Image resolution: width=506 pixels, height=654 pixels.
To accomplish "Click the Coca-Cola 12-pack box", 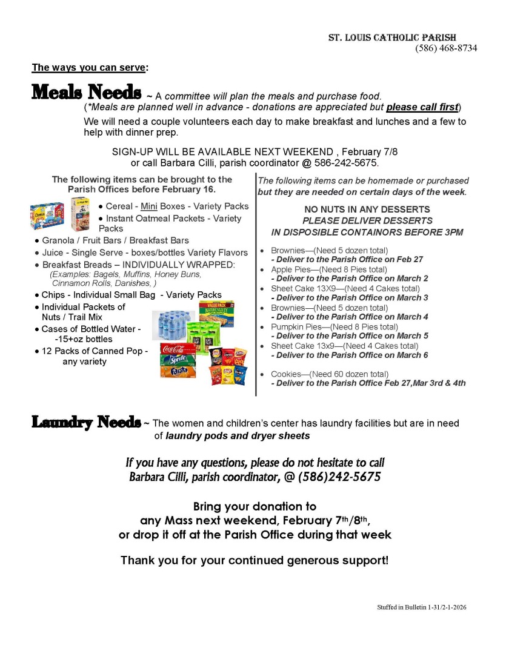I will (178, 349).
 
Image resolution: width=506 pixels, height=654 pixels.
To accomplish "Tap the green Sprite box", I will (178, 360).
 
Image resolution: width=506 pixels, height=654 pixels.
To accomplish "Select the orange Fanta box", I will (178, 371).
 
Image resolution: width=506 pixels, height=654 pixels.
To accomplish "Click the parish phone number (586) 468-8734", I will (446, 48).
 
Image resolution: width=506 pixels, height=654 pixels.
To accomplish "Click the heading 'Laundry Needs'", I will (86, 422).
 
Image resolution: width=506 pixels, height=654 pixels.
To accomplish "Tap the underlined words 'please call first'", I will (422, 107).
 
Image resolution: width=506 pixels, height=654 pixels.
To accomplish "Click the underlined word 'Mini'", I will (149, 206).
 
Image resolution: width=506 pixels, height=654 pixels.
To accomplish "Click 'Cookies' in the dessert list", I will (287, 374).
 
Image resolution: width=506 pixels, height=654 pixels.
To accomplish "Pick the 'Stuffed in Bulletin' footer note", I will (421, 607).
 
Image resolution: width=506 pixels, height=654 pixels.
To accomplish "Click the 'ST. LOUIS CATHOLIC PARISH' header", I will (401, 38).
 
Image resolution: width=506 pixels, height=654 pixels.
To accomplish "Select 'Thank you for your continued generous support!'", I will (254, 560).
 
